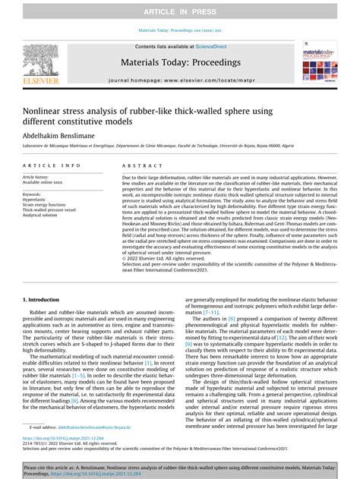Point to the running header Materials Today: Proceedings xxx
coord(180,31)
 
